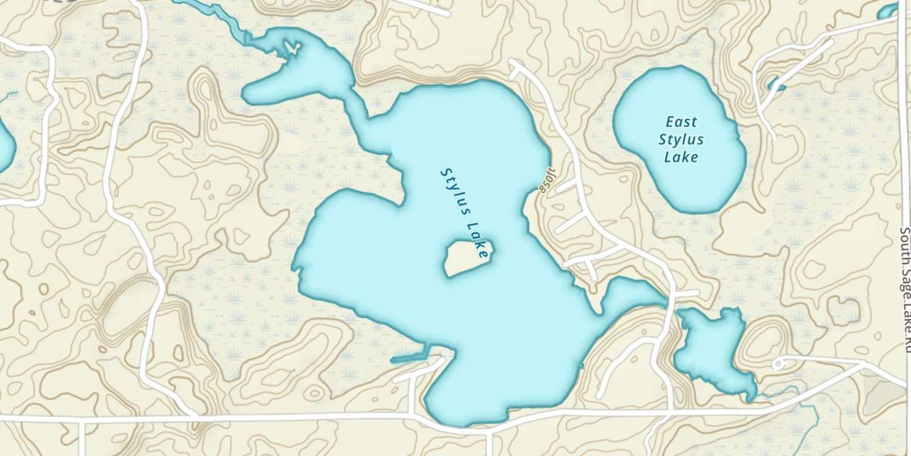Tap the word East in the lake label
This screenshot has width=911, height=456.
pyautogui.click(x=681, y=122)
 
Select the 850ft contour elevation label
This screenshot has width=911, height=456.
pyautogui.click(x=546, y=180)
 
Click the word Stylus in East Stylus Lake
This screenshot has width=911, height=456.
pyautogui.click(x=681, y=140)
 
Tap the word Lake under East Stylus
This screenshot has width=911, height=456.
pyautogui.click(x=681, y=158)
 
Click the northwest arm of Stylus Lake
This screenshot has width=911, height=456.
pyautogui.click(x=304, y=73)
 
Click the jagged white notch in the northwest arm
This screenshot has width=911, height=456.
pyautogui.click(x=293, y=47)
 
